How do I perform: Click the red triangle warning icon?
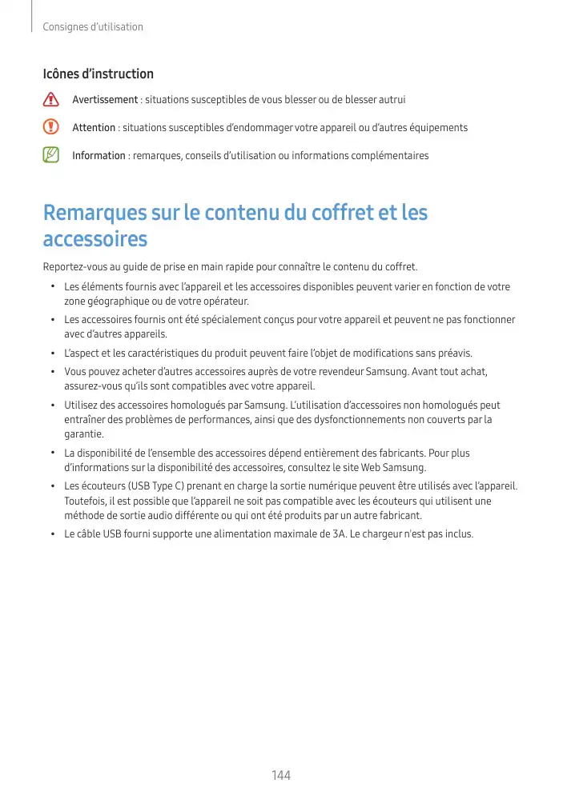click(x=52, y=100)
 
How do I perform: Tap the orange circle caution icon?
click(x=52, y=127)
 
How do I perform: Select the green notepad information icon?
click(x=52, y=155)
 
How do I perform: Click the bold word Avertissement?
click(x=105, y=100)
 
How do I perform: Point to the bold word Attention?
click(x=94, y=128)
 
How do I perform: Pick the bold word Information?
click(x=99, y=155)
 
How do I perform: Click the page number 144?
click(x=281, y=775)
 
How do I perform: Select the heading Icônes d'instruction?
click(x=98, y=74)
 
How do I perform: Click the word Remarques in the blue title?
click(x=95, y=214)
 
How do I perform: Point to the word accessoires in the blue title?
click(x=95, y=240)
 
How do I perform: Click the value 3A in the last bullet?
click(x=360, y=534)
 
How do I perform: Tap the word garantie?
click(x=83, y=434)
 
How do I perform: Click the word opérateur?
click(x=225, y=301)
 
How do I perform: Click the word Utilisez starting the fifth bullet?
click(x=81, y=405)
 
